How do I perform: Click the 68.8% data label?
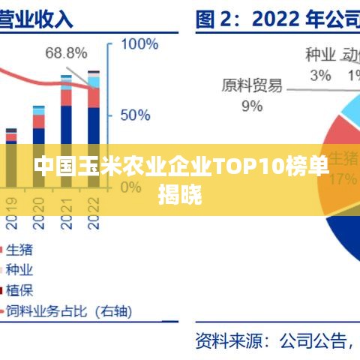[66, 52]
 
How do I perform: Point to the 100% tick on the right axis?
[139, 44]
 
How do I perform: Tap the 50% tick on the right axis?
[136, 115]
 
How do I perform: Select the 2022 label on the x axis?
[93, 211]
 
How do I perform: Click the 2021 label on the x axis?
[67, 211]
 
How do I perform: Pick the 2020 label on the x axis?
[39, 211]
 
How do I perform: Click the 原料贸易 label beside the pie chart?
[252, 85]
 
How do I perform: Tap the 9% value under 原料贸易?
[252, 106]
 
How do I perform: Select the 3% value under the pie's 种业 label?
[320, 74]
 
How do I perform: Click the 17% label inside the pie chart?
[343, 178]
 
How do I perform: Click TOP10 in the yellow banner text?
[248, 166]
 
